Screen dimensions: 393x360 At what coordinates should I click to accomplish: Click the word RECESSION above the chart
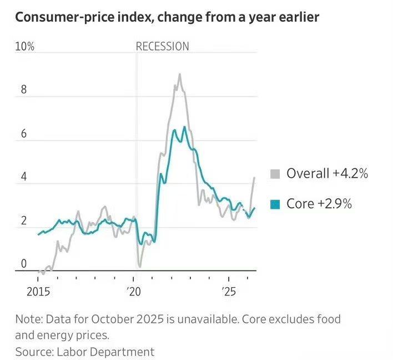(162, 47)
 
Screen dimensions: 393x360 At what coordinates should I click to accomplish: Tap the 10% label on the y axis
(24, 47)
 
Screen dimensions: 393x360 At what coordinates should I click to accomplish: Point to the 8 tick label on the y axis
(24, 89)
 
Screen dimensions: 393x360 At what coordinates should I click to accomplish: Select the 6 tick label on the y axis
(24, 133)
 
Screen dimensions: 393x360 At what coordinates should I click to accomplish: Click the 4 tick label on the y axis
(24, 177)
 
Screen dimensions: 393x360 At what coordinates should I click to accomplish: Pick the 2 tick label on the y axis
(24, 221)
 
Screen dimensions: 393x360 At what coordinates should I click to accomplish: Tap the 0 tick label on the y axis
(24, 264)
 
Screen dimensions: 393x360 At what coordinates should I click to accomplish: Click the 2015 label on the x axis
(38, 292)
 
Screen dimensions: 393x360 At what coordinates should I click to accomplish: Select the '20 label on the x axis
(134, 292)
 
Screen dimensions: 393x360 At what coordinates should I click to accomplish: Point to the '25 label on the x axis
(229, 292)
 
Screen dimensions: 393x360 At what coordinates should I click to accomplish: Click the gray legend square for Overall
(275, 174)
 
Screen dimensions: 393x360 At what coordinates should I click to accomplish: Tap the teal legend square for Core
(275, 204)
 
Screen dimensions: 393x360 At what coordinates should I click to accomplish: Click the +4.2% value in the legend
(350, 173)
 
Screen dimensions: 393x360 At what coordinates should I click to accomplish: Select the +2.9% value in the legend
(335, 203)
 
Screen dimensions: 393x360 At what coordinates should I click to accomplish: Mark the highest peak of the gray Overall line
(179, 74)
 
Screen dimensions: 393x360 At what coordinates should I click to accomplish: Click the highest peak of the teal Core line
(184, 127)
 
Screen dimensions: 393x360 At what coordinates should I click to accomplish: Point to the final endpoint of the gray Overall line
(254, 178)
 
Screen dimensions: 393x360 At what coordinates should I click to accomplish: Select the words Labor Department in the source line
(105, 352)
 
